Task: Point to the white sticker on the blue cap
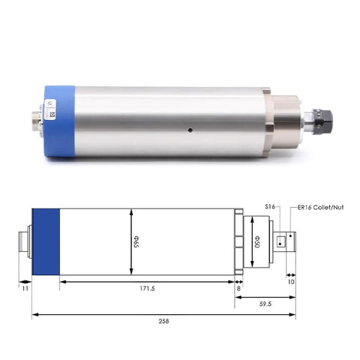click(x=53, y=113)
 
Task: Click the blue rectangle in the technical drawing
click(x=46, y=241)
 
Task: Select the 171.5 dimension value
click(x=146, y=288)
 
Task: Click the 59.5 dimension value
click(x=265, y=304)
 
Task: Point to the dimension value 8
click(x=238, y=288)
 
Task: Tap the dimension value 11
click(x=25, y=288)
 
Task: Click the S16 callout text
click(x=271, y=205)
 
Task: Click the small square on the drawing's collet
click(x=280, y=241)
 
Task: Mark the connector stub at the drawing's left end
click(x=25, y=241)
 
